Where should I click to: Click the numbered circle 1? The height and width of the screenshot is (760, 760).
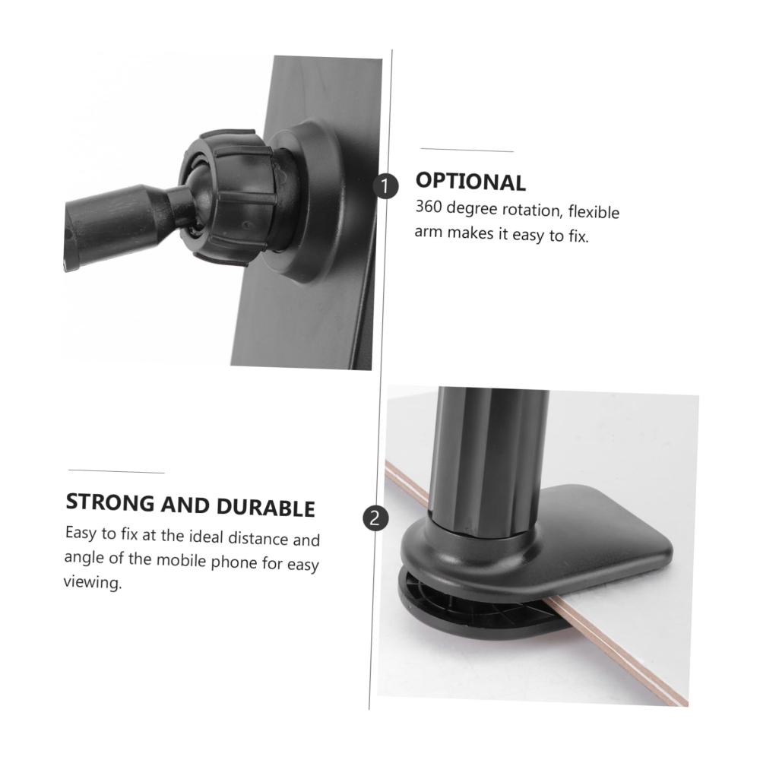[385, 186]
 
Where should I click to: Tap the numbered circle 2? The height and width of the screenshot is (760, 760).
[375, 518]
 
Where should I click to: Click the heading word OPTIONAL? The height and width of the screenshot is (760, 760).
[470, 182]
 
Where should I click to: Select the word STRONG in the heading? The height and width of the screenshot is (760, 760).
[110, 502]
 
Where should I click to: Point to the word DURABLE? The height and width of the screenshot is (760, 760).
[265, 507]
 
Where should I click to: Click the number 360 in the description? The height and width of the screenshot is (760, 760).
[429, 207]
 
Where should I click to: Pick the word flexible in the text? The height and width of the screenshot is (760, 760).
[594, 212]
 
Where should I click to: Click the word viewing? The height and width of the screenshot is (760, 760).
[93, 581]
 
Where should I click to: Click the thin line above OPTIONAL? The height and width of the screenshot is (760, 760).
[467, 150]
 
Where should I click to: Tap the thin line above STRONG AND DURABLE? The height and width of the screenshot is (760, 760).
[116, 471]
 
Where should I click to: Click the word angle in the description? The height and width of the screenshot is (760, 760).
[84, 559]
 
